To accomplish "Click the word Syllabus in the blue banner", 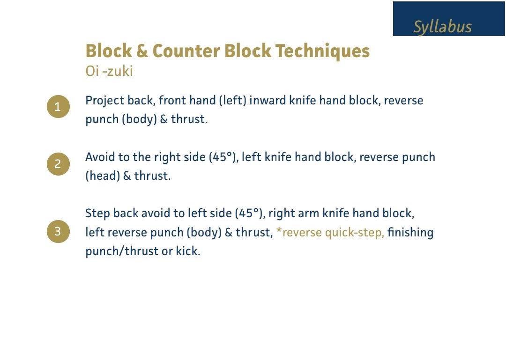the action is pos(442,27).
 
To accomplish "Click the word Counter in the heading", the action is pos(186,51).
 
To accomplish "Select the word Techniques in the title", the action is pos(322,51).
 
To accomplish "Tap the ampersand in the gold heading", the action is pos(142,51).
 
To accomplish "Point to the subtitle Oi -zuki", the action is pos(109,71).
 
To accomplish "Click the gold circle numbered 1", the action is pos(58,106).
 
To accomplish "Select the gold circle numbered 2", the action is pos(58,164).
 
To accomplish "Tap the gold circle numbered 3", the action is pos(58,231).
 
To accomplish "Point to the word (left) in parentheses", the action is pos(232,101).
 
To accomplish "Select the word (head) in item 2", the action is pos(103,176).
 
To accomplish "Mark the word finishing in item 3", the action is pos(410,232).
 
